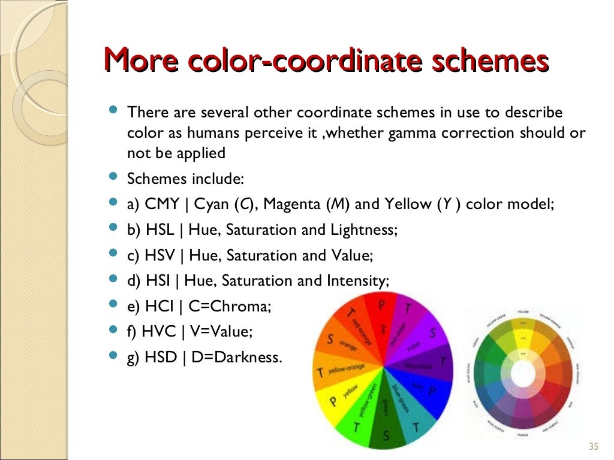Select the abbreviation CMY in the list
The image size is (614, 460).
[x=162, y=204]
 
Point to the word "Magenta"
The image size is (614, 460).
[x=293, y=204]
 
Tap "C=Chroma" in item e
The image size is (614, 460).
[x=230, y=307]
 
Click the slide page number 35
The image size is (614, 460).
[x=594, y=446]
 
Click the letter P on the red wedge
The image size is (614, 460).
[x=381, y=305]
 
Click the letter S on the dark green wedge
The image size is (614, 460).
[x=386, y=437]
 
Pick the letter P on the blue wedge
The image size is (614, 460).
[x=432, y=390]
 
